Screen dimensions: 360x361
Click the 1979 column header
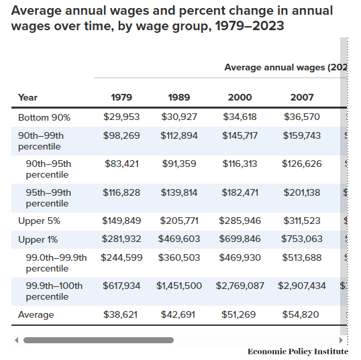(121, 97)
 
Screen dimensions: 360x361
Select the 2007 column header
(302, 97)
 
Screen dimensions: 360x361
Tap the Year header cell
(28, 97)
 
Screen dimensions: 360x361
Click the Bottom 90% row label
(44, 117)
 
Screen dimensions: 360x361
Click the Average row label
(36, 314)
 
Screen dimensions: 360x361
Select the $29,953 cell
(121, 117)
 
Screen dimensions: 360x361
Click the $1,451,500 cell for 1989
(179, 286)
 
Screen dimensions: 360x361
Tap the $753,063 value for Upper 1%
(302, 239)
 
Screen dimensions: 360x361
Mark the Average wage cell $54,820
(302, 314)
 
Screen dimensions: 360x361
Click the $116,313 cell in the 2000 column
(240, 164)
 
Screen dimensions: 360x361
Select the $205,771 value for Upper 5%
(179, 221)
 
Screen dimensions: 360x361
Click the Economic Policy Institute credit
(298, 351)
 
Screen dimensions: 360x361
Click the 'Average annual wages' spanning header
(285, 68)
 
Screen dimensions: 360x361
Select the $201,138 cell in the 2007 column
(302, 192)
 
